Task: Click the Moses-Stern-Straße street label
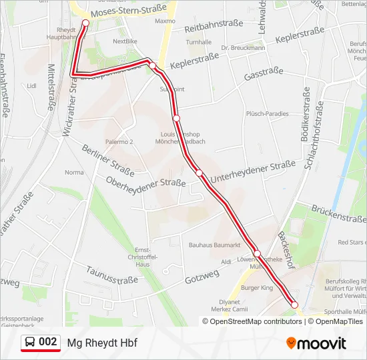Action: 129,13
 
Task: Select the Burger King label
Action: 258,288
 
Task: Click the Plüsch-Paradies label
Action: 267,113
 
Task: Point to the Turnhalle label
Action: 199,42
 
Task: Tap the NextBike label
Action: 125,41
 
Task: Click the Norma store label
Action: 74,173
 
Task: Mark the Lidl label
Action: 31,85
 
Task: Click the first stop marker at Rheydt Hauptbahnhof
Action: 85,23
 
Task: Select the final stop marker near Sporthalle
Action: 294,305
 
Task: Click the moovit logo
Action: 316,343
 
